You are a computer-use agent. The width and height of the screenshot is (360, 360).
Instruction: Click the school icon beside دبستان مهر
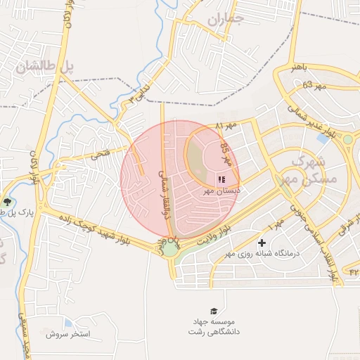(x=222, y=180)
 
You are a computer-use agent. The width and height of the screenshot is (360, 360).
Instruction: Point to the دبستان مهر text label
(x=222, y=191)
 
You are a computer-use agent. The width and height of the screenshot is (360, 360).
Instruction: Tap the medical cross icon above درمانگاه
(x=262, y=243)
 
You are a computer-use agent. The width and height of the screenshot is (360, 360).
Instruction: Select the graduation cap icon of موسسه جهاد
(x=213, y=311)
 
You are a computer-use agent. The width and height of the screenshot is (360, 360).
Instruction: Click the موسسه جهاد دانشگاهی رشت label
(x=213, y=326)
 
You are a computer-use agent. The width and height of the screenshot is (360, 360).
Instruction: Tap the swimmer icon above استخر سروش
(x=67, y=323)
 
